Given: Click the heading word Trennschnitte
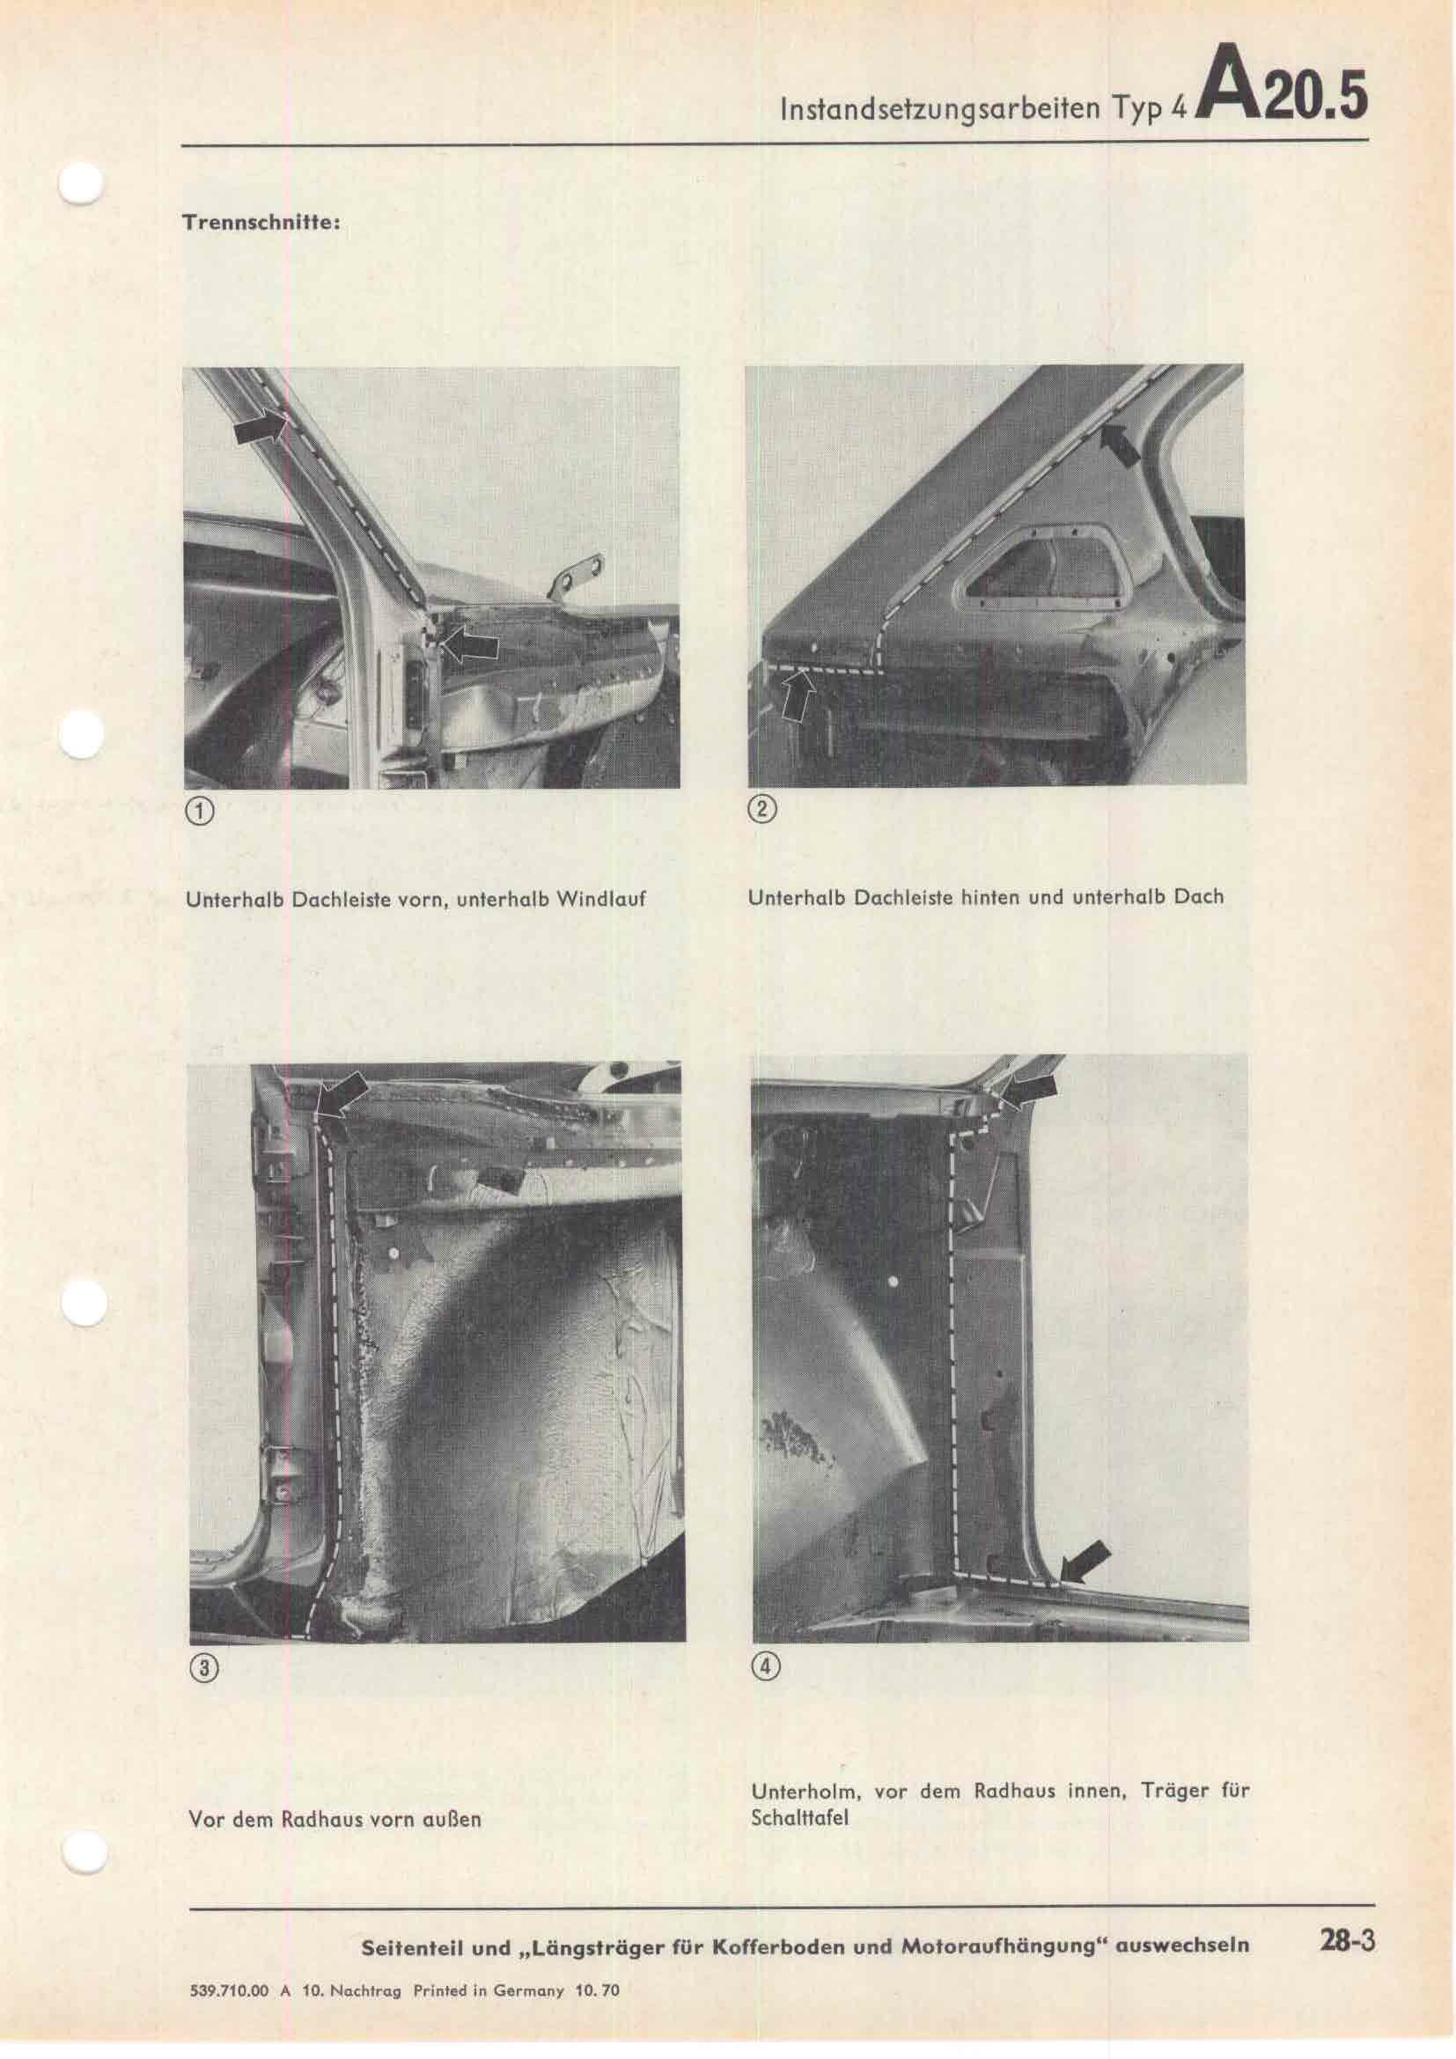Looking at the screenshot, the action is (260, 224).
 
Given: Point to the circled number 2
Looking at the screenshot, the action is (762, 810).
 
